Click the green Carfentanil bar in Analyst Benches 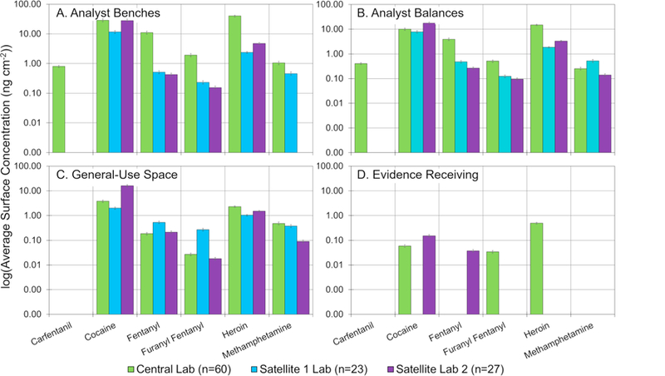click(x=59, y=109)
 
